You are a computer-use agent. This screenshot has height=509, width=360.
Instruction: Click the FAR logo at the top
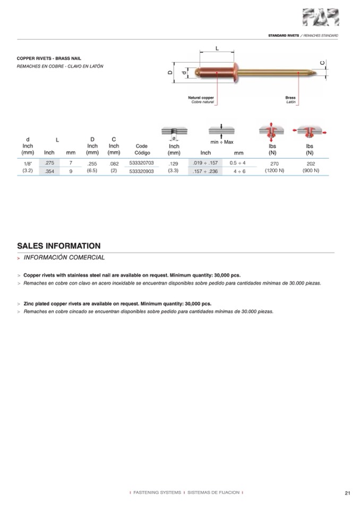click(x=320, y=18)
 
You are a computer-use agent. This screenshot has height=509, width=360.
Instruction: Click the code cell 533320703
click(x=141, y=163)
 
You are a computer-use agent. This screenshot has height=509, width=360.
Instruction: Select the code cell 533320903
click(x=141, y=171)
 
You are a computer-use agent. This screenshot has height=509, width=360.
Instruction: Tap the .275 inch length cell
click(x=49, y=163)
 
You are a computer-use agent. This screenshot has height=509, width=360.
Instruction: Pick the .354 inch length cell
click(x=49, y=171)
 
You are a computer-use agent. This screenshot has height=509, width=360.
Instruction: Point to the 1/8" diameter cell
click(x=28, y=163)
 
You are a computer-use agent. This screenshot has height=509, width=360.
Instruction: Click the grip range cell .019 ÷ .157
click(x=205, y=163)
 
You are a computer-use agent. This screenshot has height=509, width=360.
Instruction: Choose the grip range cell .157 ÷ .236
click(x=205, y=171)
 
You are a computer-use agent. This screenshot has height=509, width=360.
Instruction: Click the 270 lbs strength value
click(x=274, y=164)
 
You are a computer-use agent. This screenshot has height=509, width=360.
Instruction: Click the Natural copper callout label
click(x=201, y=98)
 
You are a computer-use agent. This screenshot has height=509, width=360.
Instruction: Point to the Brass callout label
click(x=290, y=98)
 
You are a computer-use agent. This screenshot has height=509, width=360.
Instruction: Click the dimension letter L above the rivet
click(x=217, y=48)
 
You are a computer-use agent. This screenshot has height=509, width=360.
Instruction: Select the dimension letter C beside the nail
click(x=322, y=63)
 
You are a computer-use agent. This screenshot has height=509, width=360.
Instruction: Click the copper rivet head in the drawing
click(x=200, y=72)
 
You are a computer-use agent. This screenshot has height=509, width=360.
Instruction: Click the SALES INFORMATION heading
click(x=59, y=246)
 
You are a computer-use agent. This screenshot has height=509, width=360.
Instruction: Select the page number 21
click(x=347, y=493)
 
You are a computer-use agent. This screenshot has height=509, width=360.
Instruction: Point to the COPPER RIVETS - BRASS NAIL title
click(x=49, y=58)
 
